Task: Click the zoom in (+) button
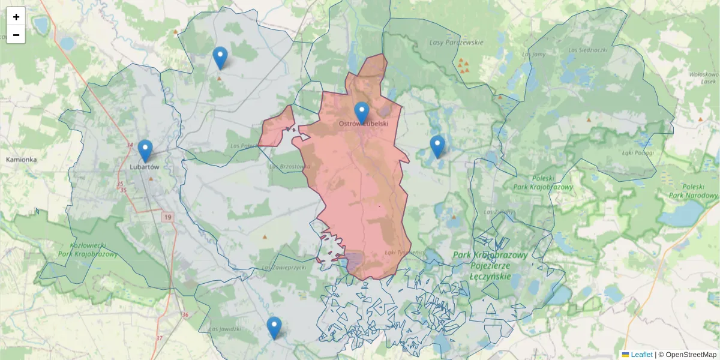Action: point(16,17)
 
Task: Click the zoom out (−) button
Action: point(16,35)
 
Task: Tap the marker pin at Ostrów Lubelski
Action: point(361,112)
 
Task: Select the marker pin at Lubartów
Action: point(145,150)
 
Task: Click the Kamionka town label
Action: point(22,160)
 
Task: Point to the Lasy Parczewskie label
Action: point(457,43)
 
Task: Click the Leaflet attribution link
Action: point(641,355)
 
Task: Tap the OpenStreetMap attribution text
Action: point(691,355)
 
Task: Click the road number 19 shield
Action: point(167,217)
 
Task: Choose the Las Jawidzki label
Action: point(225,329)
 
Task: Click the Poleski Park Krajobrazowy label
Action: point(543,182)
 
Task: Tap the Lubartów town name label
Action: point(145,167)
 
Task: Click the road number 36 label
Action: point(185,315)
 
